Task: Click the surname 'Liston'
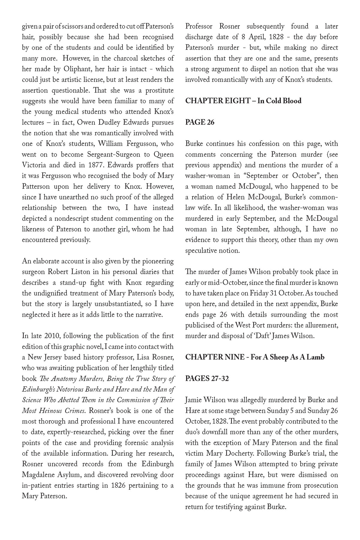pos(94,272)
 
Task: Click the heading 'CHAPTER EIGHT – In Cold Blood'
pos(243,101)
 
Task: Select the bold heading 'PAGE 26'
pos(200,122)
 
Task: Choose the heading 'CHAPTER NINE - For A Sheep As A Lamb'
pos(255,357)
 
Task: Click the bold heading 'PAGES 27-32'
pos(207,379)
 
